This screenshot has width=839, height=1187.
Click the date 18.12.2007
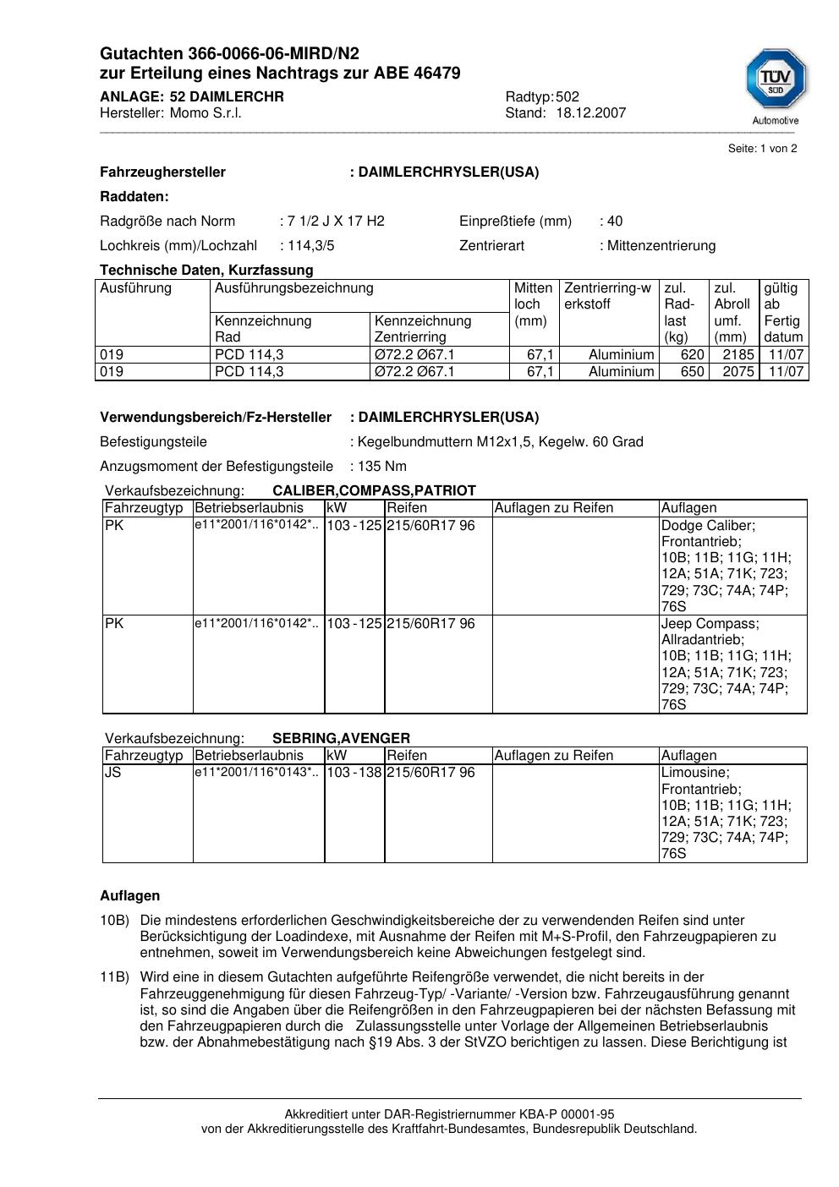[x=590, y=113]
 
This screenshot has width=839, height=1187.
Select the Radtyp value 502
[x=568, y=97]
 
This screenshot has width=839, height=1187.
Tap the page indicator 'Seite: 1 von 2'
[x=762, y=149]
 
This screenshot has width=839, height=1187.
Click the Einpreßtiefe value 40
[x=614, y=222]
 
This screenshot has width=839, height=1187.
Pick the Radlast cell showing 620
[x=692, y=355]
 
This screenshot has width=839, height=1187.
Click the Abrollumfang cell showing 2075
[x=738, y=372]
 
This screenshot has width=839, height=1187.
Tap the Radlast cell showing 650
[x=692, y=372]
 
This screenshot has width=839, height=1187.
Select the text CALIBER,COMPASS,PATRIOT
[x=374, y=491]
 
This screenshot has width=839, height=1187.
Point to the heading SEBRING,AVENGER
[x=341, y=739]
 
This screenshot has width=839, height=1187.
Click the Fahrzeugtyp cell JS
[x=113, y=773]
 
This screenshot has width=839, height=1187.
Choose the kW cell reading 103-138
[x=354, y=773]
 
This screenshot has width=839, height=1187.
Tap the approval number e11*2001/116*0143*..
[x=256, y=773]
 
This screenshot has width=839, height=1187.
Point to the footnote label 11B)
[x=114, y=977]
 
